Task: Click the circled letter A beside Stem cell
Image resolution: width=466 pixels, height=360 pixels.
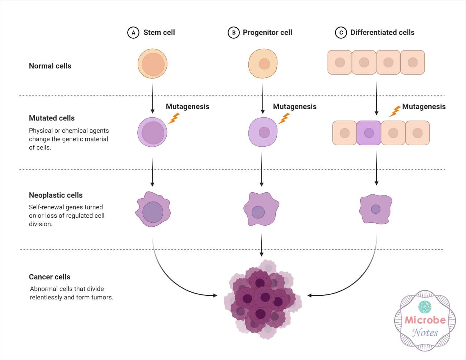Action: point(133,33)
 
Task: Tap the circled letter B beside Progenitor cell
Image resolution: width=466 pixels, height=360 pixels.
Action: point(233,33)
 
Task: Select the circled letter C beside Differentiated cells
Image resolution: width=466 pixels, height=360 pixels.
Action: point(341,33)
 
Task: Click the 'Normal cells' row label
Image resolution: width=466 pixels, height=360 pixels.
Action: point(50,66)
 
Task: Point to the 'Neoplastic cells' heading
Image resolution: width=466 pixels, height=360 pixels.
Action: point(56,195)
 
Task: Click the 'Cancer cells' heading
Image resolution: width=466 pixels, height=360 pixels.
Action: point(49,277)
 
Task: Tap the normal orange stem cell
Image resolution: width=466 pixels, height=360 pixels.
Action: point(152,63)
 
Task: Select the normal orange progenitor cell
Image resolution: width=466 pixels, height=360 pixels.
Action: point(263,63)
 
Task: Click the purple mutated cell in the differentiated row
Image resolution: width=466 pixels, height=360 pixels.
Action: point(369,133)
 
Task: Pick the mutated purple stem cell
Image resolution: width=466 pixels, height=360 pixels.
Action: point(152,132)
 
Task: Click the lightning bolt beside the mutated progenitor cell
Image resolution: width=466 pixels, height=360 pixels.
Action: point(284,119)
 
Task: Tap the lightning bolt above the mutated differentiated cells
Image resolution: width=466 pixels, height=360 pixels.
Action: point(395,111)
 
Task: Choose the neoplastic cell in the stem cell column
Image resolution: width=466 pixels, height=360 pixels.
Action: point(153,209)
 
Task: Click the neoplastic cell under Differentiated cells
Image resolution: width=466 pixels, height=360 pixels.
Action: point(376,209)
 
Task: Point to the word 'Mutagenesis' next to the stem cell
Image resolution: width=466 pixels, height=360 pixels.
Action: point(187,106)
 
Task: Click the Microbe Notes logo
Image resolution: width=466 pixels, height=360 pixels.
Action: point(425,321)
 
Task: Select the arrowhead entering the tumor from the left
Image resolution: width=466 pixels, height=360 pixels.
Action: point(215,295)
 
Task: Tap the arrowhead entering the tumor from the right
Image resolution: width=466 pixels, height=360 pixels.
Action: point(310,295)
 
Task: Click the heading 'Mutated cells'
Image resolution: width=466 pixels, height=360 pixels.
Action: point(52,118)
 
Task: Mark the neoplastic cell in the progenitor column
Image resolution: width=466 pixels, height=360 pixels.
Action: point(261,209)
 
